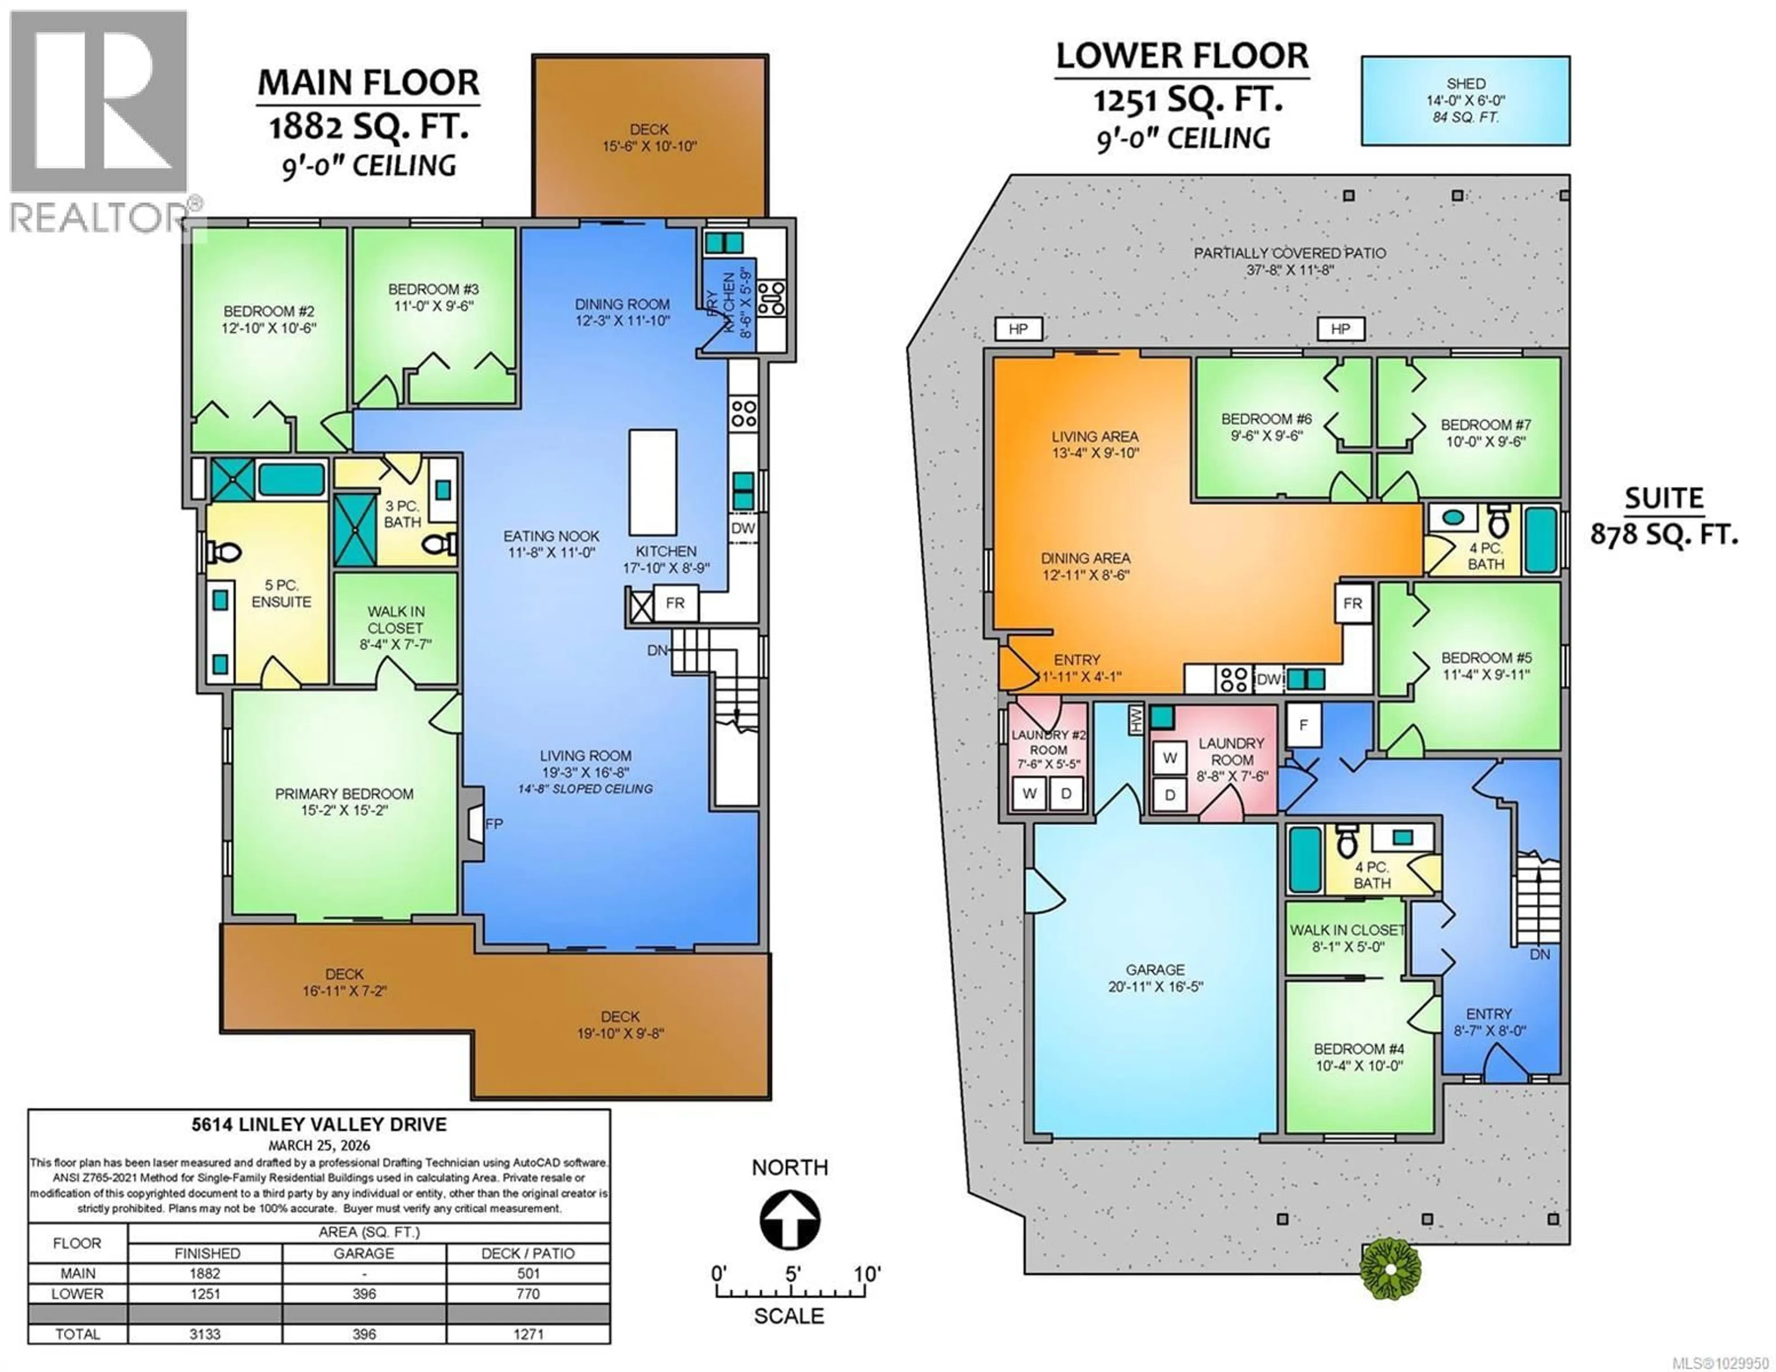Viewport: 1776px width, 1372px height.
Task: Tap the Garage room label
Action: click(x=1155, y=970)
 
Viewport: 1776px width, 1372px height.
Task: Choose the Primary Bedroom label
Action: click(x=344, y=794)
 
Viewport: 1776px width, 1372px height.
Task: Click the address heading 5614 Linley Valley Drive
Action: click(x=319, y=1125)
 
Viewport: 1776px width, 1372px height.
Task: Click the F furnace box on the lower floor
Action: click(x=1303, y=725)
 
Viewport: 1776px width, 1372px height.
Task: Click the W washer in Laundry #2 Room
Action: click(x=1030, y=794)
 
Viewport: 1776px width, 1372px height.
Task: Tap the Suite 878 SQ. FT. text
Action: click(x=1664, y=517)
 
